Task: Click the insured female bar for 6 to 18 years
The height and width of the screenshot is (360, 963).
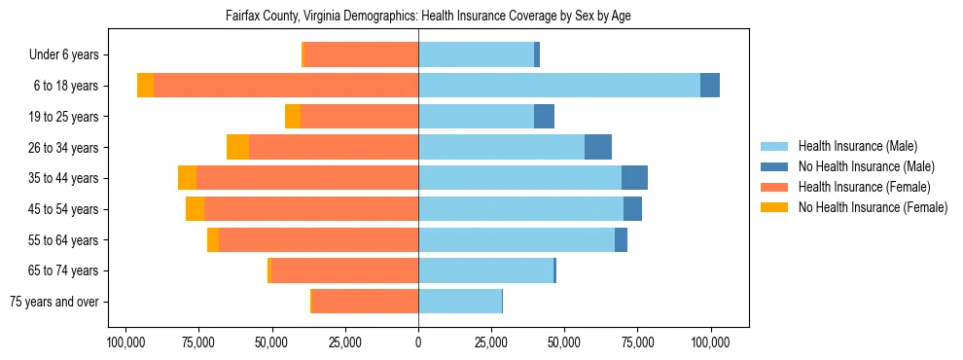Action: [x=286, y=86]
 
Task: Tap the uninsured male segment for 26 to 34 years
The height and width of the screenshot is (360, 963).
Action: [x=598, y=147]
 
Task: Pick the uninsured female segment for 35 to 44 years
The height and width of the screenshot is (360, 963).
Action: [x=187, y=178]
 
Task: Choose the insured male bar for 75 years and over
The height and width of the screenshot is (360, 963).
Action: [x=460, y=302]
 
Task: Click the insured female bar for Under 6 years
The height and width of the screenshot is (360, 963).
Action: [x=361, y=54]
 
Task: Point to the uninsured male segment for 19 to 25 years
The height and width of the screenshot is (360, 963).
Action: [x=544, y=117]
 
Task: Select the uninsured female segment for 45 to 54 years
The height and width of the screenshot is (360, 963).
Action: [x=195, y=209]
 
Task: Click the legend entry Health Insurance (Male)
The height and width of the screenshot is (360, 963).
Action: [x=857, y=146]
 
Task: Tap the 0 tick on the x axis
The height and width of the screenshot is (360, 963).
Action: [x=418, y=342]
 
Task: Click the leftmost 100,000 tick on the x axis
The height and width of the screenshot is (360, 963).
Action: [x=125, y=342]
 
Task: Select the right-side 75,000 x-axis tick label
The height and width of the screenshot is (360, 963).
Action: [x=638, y=342]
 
